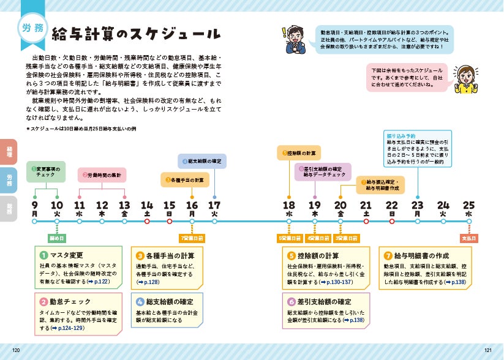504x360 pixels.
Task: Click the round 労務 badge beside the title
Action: coord(32,28)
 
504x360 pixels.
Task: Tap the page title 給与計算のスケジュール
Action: coord(137,33)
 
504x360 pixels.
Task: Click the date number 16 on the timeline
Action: coord(192,205)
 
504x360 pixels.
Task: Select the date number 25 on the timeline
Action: coord(468,205)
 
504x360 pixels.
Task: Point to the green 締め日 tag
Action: coord(57,237)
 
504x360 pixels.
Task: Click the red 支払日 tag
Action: coord(468,237)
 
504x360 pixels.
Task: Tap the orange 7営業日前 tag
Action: coord(192,237)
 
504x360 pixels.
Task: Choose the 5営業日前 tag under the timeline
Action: coord(288,237)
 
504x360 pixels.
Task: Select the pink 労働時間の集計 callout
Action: coord(102,175)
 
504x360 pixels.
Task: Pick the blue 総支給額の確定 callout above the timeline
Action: coord(203,161)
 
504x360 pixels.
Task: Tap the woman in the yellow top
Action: coord(467,80)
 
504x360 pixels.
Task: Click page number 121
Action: coord(487,350)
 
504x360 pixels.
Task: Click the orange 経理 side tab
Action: coord(9,152)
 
